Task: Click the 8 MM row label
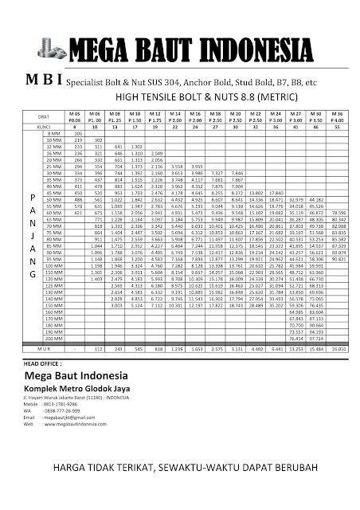point(54,132)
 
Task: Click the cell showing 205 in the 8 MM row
point(77,132)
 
